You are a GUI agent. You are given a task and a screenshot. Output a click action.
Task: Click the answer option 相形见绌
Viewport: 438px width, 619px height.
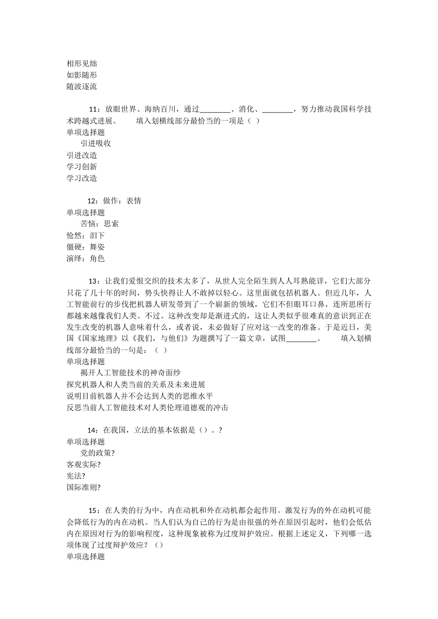pyautogui.click(x=82, y=64)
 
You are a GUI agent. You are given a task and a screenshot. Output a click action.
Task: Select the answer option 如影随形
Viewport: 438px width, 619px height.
pyautogui.click(x=82, y=75)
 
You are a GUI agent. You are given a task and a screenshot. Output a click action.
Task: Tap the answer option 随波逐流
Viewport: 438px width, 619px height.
pyautogui.click(x=82, y=87)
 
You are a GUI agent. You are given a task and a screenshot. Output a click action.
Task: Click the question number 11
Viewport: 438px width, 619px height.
pyautogui.click(x=94, y=110)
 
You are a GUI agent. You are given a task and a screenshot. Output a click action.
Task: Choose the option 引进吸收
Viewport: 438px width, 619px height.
pyautogui.click(x=96, y=143)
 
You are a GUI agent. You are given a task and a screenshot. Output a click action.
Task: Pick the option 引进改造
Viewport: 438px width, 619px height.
pyautogui.click(x=82, y=155)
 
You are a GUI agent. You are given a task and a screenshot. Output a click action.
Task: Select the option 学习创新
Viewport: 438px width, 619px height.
pyautogui.click(x=82, y=167)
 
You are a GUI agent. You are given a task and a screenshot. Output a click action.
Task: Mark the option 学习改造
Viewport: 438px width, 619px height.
pyautogui.click(x=82, y=178)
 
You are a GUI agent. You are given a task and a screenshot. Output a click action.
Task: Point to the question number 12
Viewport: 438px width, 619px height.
pyautogui.click(x=93, y=201)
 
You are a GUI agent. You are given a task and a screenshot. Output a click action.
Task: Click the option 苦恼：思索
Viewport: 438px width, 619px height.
pyautogui.click(x=100, y=224)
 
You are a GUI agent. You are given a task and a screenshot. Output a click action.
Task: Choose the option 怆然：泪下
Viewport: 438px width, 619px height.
pyautogui.click(x=86, y=235)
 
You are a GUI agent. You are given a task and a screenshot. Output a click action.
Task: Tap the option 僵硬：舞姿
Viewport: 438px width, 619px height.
pyautogui.click(x=86, y=247)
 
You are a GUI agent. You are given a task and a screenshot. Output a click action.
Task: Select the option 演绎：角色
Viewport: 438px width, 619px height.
pyautogui.click(x=86, y=258)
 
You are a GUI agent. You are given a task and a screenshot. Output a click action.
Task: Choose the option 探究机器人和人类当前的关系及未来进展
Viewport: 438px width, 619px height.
pyautogui.click(x=136, y=384)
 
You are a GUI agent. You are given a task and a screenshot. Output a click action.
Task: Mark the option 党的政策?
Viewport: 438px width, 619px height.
pyautogui.click(x=98, y=453)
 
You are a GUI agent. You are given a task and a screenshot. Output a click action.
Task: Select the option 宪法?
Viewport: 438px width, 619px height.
pyautogui.click(x=76, y=476)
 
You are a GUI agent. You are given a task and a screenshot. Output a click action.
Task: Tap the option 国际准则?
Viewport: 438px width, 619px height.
pyautogui.click(x=83, y=487)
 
